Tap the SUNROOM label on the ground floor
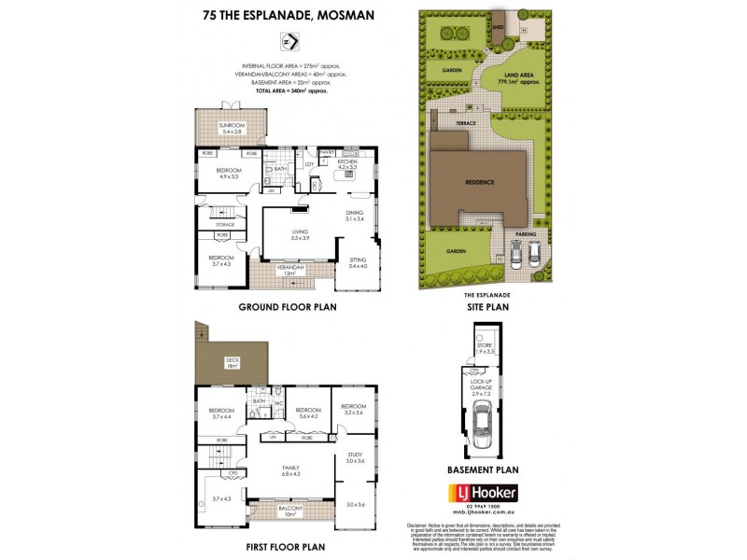click(x=232, y=126)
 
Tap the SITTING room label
click(x=359, y=261)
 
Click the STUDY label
click(x=354, y=456)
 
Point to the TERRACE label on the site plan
click(x=467, y=122)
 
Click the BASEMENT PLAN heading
click(x=483, y=471)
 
